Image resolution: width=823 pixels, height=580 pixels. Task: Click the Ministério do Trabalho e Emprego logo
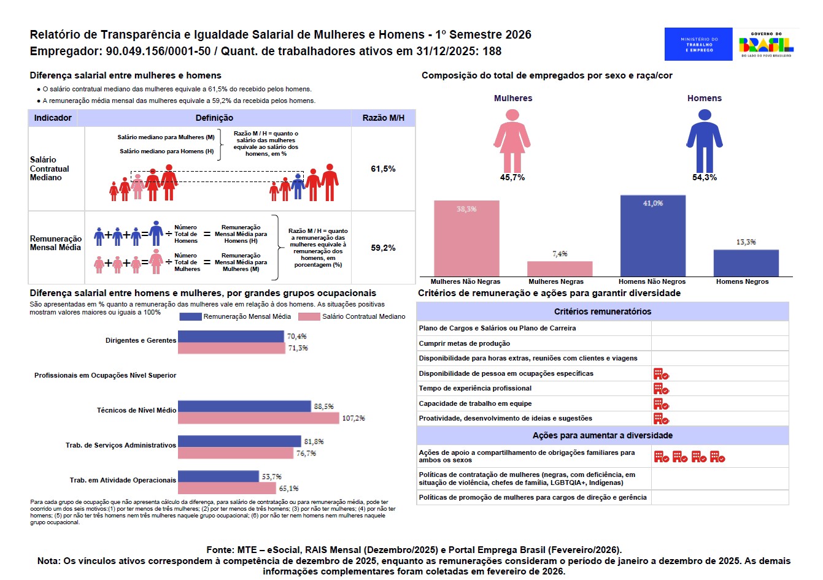(x=698, y=44)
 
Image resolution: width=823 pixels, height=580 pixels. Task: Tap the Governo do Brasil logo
(x=766, y=44)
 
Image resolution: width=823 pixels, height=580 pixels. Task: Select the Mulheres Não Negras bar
(x=466, y=238)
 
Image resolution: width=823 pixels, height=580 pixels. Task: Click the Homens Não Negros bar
(x=652, y=236)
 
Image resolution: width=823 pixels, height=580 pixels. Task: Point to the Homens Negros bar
(x=746, y=263)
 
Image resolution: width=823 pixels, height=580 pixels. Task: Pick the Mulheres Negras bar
(x=560, y=269)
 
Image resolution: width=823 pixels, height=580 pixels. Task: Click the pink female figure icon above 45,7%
(x=512, y=140)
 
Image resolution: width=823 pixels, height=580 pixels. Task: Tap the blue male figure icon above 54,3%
(x=705, y=140)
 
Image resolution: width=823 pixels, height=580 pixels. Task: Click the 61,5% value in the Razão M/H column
(x=383, y=169)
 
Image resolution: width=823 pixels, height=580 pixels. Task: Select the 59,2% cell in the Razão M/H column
(x=383, y=248)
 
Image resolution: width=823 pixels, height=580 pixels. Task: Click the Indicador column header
(x=53, y=118)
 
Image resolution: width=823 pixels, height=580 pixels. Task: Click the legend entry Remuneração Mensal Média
(x=236, y=316)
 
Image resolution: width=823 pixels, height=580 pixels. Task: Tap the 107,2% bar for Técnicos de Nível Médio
(x=258, y=418)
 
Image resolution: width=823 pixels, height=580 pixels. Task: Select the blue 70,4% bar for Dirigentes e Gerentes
(x=231, y=336)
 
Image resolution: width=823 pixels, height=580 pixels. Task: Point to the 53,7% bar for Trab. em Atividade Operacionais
(x=218, y=476)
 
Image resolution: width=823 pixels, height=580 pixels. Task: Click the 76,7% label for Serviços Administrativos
(x=306, y=454)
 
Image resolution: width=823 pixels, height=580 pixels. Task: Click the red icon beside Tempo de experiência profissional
(x=660, y=388)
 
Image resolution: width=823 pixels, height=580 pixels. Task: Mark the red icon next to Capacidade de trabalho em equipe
(x=660, y=403)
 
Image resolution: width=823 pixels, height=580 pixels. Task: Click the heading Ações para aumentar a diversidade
(x=602, y=435)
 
